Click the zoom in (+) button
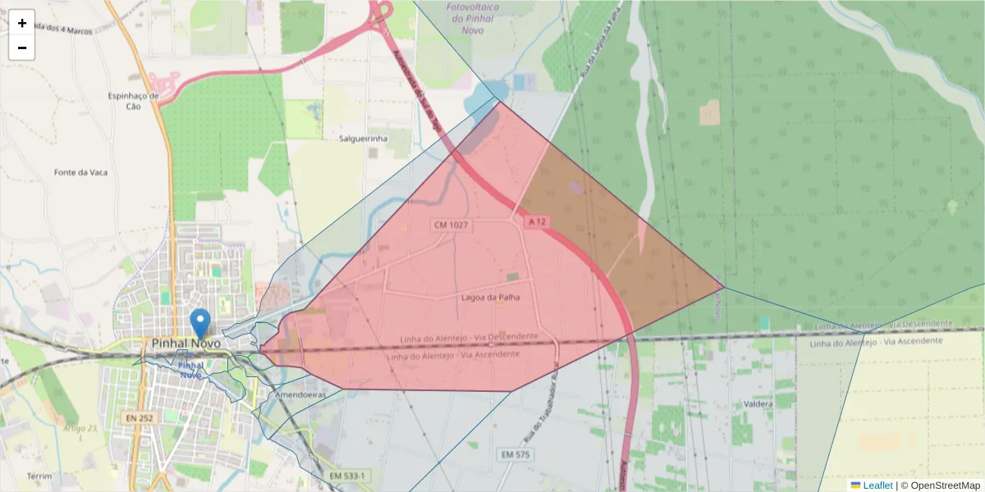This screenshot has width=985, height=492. pyautogui.click(x=22, y=23)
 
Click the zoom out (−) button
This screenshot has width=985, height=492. pyautogui.click(x=22, y=48)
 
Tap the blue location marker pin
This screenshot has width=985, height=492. pyautogui.click(x=199, y=323)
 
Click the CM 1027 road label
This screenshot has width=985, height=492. pyautogui.click(x=451, y=224)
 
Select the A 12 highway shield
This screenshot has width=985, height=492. pyautogui.click(x=537, y=221)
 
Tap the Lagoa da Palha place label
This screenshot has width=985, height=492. pyautogui.click(x=491, y=298)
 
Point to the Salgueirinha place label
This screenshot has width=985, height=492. pyautogui.click(x=363, y=139)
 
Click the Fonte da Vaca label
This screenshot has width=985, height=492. pyautogui.click(x=80, y=172)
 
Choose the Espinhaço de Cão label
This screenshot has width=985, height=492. pyautogui.click(x=133, y=101)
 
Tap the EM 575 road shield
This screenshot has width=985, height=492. pyautogui.click(x=515, y=453)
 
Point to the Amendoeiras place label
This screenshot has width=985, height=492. pyautogui.click(x=300, y=394)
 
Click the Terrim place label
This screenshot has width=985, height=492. pyautogui.click(x=39, y=476)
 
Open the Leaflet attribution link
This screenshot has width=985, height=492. pyautogui.click(x=877, y=485)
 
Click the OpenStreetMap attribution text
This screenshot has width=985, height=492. pyautogui.click(x=945, y=485)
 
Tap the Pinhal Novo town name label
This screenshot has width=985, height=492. pyautogui.click(x=186, y=343)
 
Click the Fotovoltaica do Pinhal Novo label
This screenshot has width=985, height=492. pyautogui.click(x=477, y=18)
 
